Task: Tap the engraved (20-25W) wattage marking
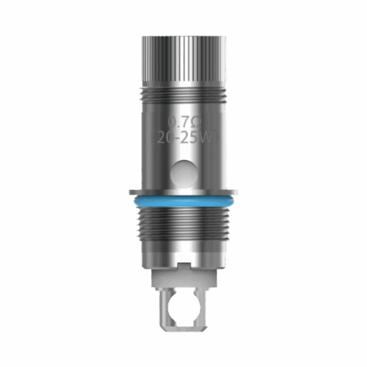coord(183,137)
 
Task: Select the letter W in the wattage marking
coord(206,137)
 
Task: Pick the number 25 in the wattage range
coord(192,137)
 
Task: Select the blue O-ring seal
coord(183,200)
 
